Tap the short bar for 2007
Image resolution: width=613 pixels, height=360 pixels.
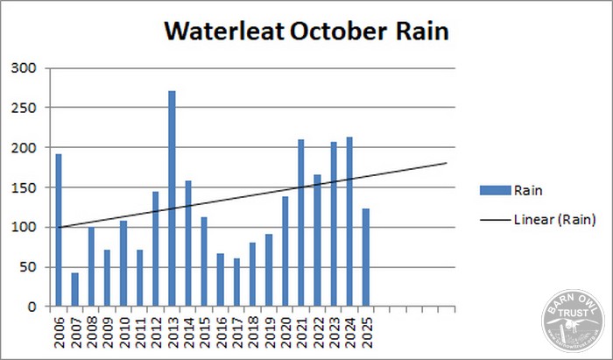(75, 290)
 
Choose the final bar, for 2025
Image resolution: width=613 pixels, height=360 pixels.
(366, 258)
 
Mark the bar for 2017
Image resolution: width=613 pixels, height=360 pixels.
(236, 282)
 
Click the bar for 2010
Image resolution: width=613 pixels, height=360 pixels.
(123, 264)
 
